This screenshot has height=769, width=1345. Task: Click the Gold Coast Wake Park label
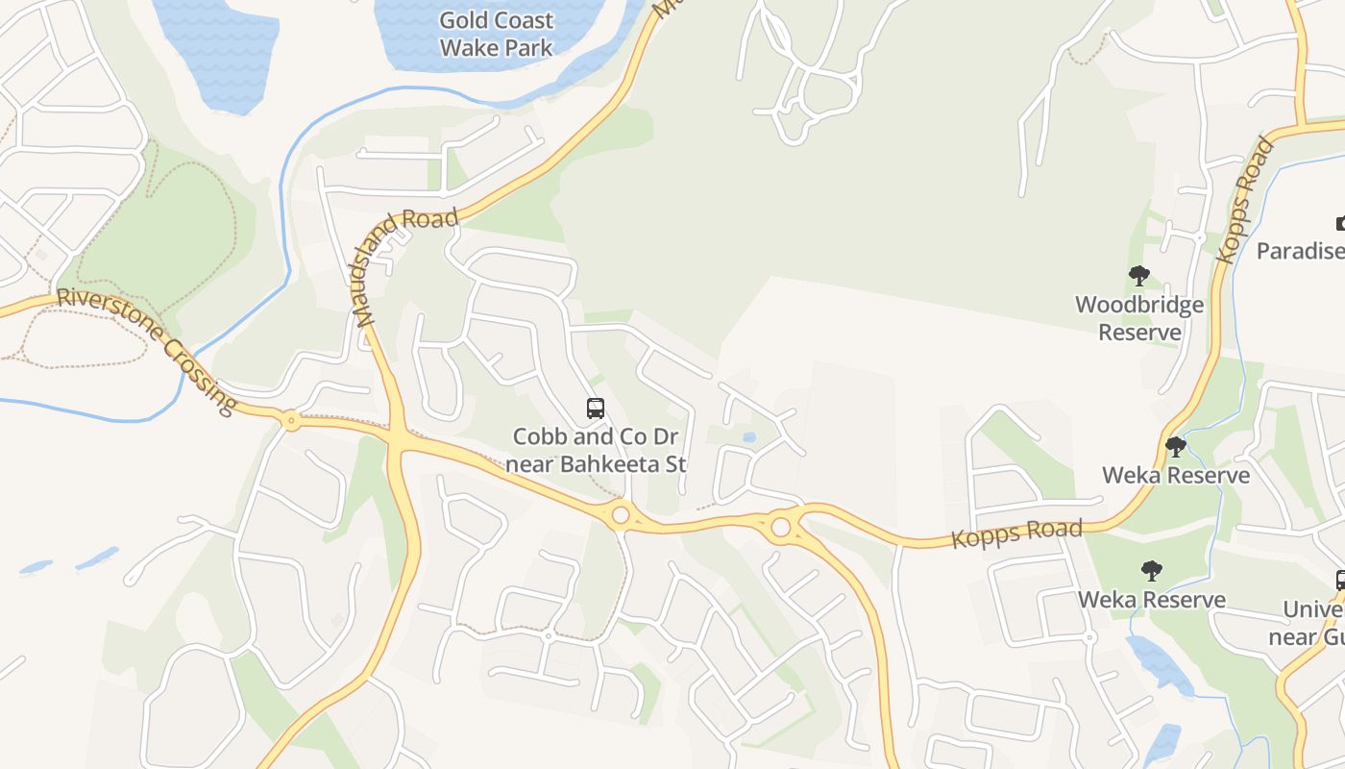tap(496, 34)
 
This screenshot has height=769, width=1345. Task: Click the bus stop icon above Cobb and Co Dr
tap(596, 409)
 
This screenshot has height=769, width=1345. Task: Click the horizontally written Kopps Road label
tap(1016, 533)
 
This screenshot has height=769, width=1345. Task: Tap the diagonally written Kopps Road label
tap(1245, 201)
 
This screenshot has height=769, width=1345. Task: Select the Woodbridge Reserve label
tap(1139, 318)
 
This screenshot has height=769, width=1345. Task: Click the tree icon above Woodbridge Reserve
tap(1139, 277)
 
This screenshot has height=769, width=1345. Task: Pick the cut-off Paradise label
tap(1301, 251)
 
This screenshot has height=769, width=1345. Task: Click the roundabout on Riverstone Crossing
tap(290, 419)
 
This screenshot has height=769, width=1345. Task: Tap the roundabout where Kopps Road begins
tap(780, 527)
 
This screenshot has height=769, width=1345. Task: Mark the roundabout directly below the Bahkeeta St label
tap(621, 515)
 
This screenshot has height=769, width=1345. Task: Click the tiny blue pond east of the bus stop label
tap(749, 437)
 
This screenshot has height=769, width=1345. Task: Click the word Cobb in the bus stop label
tap(534, 436)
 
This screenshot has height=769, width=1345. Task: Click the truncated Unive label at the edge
tap(1313, 610)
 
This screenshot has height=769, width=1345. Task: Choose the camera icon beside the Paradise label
tap(1341, 224)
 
